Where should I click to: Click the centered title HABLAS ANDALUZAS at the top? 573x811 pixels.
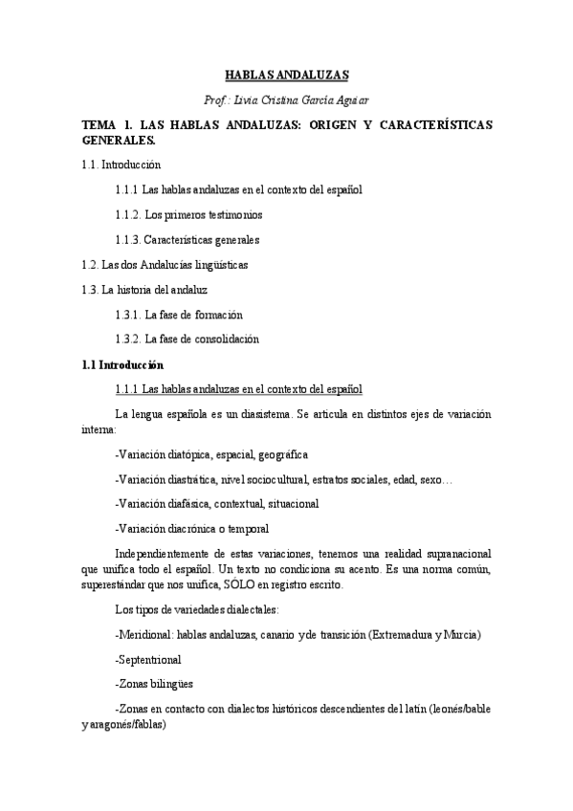click(x=286, y=74)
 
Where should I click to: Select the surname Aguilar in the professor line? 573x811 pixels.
click(x=347, y=99)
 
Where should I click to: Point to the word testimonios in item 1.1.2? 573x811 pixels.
click(x=232, y=214)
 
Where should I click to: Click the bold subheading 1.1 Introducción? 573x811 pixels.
click(x=122, y=364)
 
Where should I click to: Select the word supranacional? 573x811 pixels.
click(x=451, y=554)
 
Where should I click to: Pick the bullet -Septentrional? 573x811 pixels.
click(x=147, y=660)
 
